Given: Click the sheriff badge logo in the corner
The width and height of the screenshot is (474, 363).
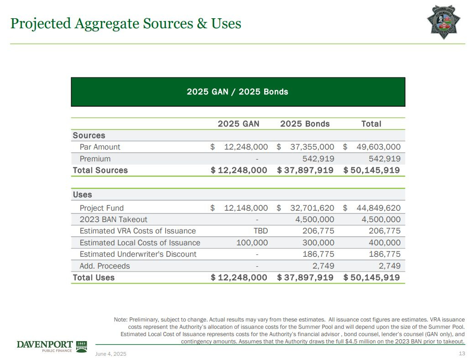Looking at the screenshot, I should (443, 22).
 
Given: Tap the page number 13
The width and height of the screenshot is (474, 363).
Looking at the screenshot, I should (462, 354).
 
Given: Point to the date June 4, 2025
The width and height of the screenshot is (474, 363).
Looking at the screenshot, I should (111, 354).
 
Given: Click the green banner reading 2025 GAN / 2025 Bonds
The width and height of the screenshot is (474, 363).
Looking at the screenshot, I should (238, 92).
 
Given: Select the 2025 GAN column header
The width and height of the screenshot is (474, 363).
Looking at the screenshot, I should (238, 124).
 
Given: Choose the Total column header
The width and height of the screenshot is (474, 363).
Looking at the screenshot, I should (371, 124).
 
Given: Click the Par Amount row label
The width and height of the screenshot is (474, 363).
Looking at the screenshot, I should (100, 147).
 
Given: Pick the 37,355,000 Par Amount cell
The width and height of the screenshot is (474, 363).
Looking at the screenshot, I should (312, 147).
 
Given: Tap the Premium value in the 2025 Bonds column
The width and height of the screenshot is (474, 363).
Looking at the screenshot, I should (318, 159).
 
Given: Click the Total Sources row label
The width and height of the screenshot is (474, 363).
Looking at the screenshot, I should (100, 170).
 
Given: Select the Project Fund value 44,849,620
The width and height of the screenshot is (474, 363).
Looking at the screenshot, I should (378, 208).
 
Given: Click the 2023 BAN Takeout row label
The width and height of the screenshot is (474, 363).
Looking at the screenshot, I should (114, 219).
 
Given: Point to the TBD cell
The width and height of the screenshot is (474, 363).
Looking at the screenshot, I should (260, 231).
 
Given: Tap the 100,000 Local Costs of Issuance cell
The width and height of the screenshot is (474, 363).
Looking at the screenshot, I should (252, 243).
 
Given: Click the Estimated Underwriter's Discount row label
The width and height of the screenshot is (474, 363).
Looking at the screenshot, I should (138, 254).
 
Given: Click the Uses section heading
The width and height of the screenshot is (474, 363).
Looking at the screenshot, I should (83, 195).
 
